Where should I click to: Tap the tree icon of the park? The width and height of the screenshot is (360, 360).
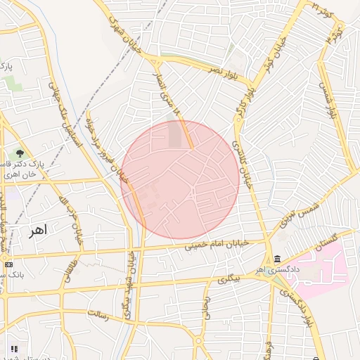coord(20,153)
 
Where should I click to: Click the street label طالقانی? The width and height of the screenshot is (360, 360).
coord(70,268)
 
